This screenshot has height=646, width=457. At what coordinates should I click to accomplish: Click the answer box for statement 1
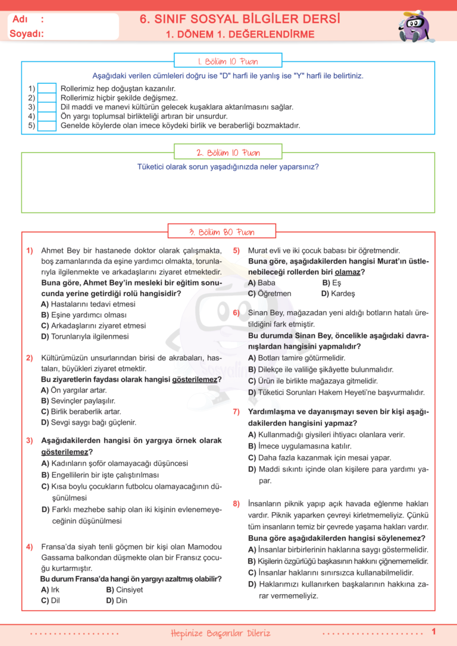(47, 88)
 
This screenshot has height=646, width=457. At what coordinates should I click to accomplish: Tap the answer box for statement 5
(47, 126)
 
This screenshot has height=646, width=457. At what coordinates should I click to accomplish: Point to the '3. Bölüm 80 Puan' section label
(222, 231)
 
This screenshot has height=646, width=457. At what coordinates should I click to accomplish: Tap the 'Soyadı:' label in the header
(27, 34)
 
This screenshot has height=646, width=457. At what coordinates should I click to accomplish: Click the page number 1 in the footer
(434, 631)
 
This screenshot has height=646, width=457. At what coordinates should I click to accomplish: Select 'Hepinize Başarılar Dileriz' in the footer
(220, 632)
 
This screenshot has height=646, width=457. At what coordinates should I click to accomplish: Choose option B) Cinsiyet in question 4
(124, 589)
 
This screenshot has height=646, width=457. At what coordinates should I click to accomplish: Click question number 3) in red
(29, 440)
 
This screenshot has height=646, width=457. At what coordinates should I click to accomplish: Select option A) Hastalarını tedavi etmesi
(88, 304)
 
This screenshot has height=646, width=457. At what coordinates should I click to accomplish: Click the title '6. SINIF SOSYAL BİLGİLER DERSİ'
(240, 19)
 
